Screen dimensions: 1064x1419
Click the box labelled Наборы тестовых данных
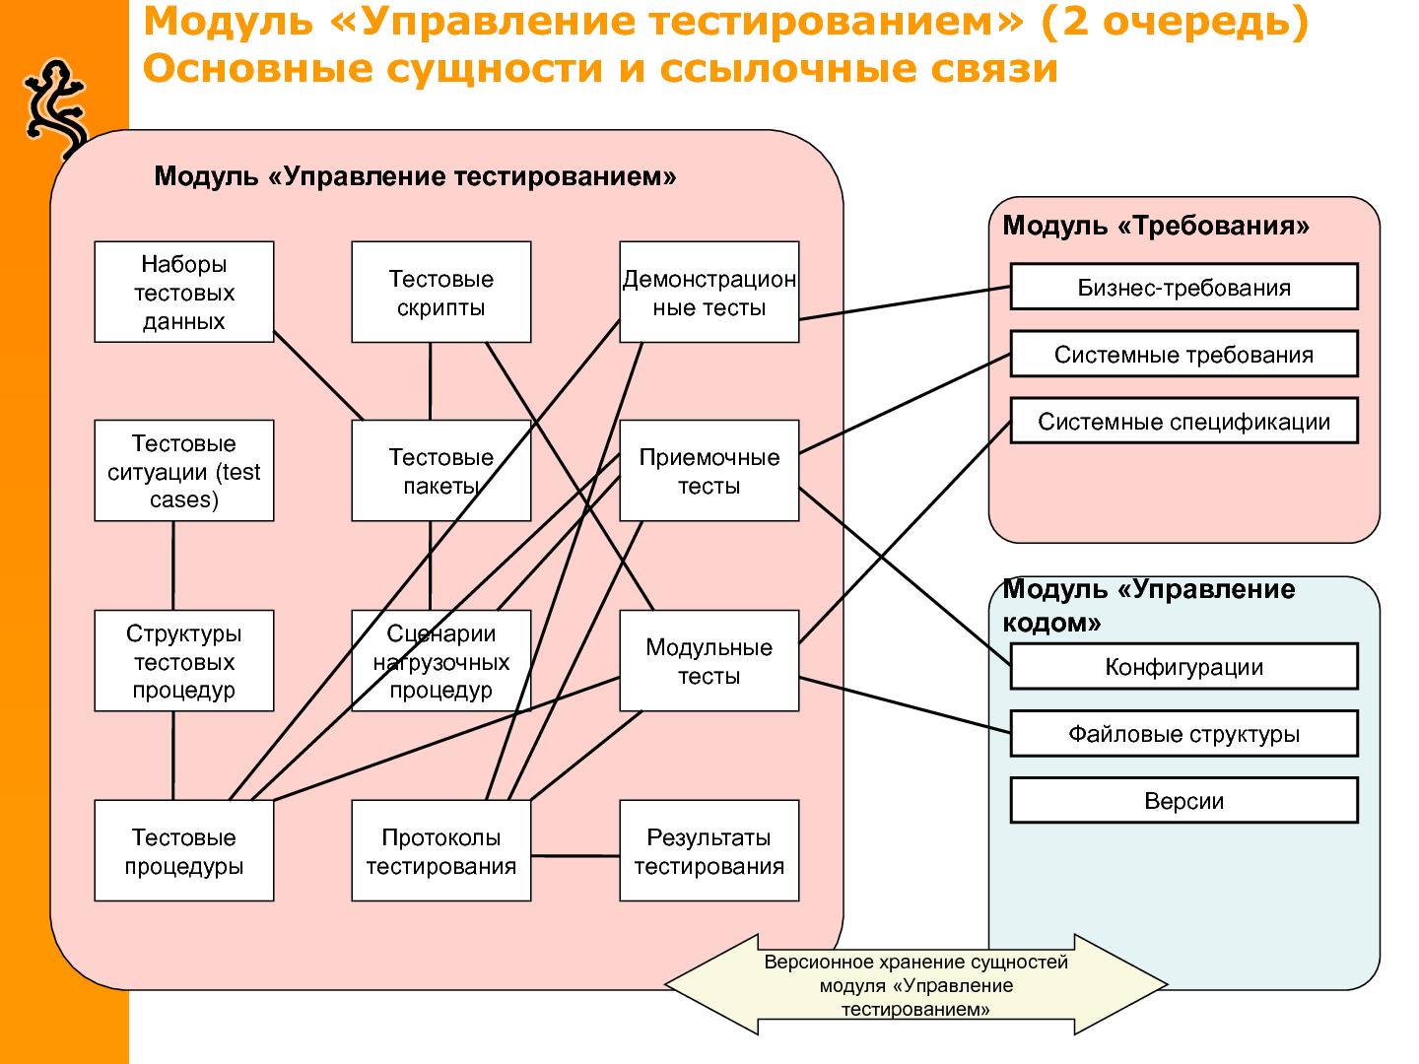(x=183, y=292)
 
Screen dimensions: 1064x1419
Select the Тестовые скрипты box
(x=440, y=292)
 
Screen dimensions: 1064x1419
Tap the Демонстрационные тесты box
(x=709, y=292)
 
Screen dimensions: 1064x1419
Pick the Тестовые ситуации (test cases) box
(x=183, y=471)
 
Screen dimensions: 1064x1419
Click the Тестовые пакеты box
(x=440, y=471)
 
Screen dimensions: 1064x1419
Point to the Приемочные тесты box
(x=709, y=471)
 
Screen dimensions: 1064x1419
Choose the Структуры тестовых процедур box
(x=183, y=661)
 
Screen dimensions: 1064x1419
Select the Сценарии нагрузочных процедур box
(x=440, y=661)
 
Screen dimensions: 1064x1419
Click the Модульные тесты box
(x=709, y=661)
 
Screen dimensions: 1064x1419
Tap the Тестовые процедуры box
(x=183, y=851)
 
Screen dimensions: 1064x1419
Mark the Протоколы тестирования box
(x=440, y=851)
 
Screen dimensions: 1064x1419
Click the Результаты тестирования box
(x=709, y=851)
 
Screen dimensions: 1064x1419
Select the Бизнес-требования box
(x=1183, y=288)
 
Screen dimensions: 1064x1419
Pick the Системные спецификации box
(x=1183, y=422)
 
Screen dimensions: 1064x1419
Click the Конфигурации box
(x=1183, y=667)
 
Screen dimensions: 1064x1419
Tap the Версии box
(x=1183, y=801)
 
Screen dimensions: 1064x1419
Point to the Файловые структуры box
(x=1183, y=734)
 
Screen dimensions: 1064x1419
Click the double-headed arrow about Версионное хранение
(x=915, y=984)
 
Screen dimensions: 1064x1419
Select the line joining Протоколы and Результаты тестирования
(x=575, y=856)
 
